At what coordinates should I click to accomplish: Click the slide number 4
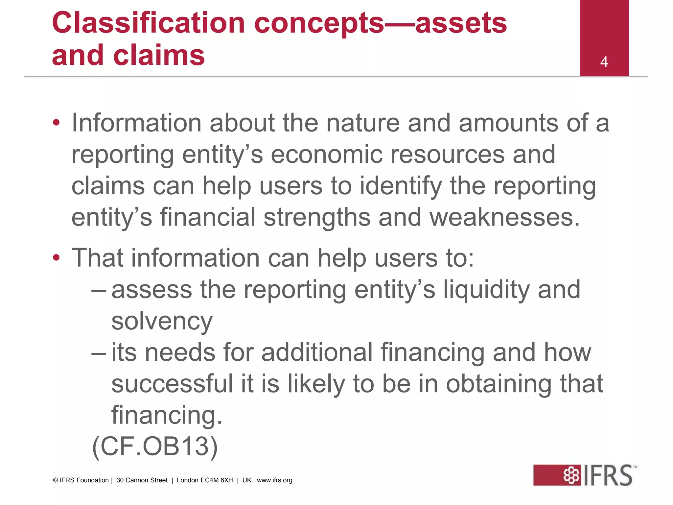pyautogui.click(x=604, y=62)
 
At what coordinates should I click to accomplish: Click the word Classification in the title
pyautogui.click(x=148, y=23)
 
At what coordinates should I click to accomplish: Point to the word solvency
pyautogui.click(x=162, y=321)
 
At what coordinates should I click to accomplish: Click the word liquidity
pyautogui.click(x=486, y=290)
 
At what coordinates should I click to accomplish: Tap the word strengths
pyautogui.click(x=317, y=218)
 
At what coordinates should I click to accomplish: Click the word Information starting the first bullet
pyautogui.click(x=136, y=123)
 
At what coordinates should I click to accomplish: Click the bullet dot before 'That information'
pyautogui.click(x=57, y=257)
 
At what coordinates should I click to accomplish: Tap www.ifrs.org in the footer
pyautogui.click(x=274, y=480)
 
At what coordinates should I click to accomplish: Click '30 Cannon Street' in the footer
pyautogui.click(x=142, y=480)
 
